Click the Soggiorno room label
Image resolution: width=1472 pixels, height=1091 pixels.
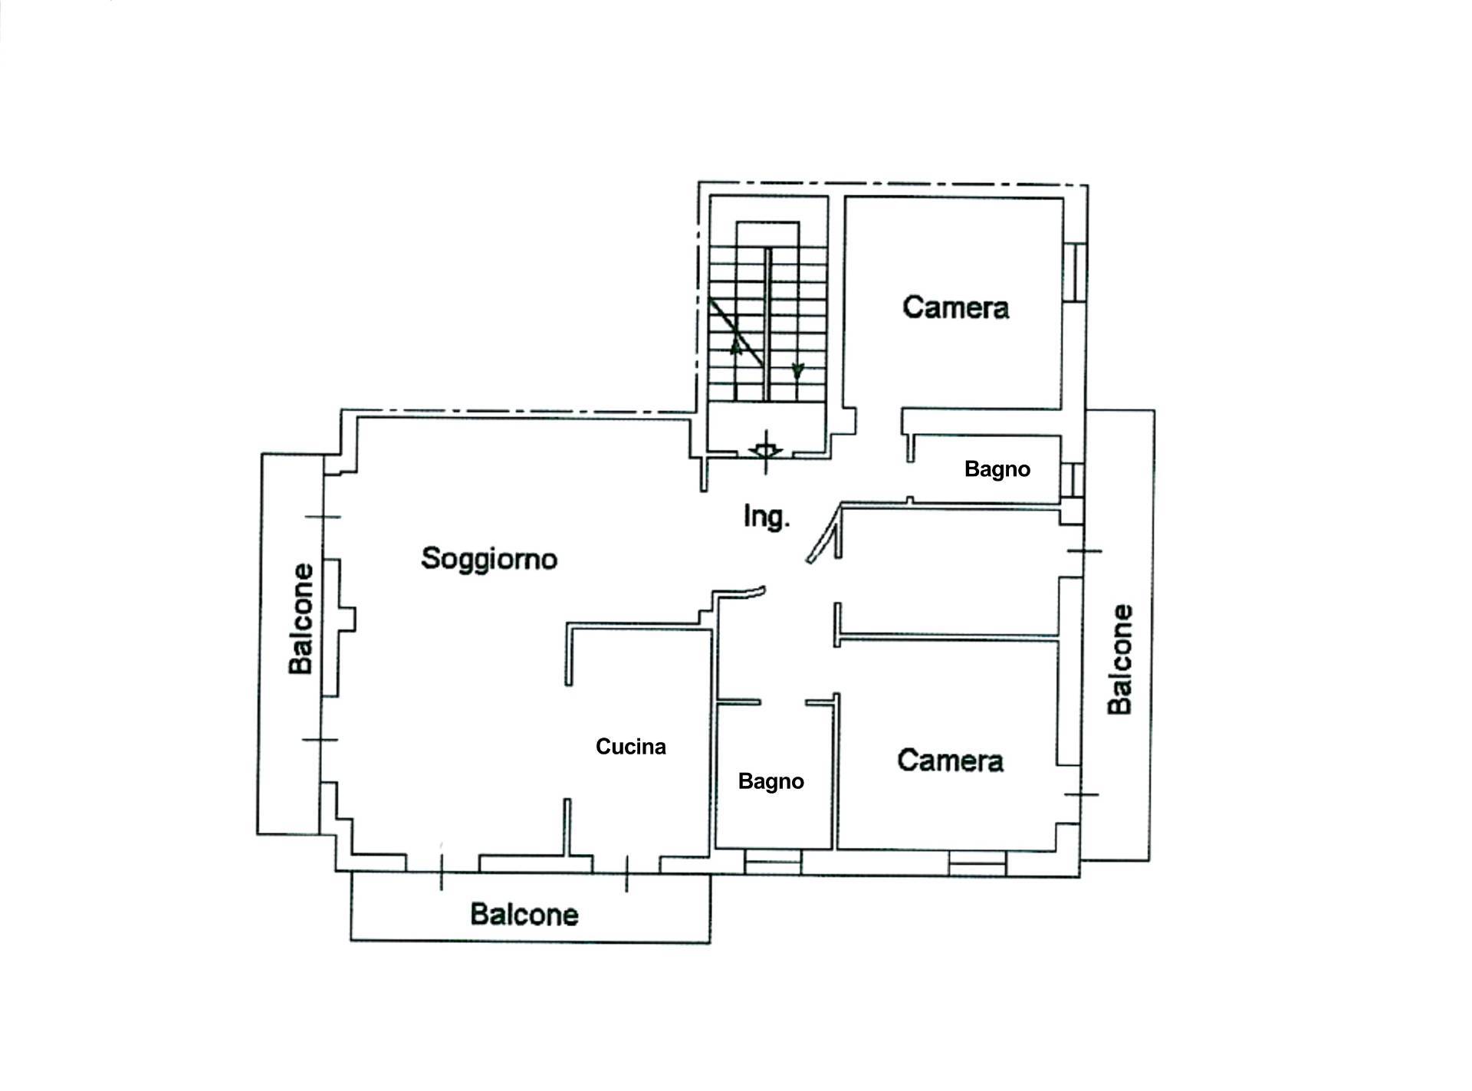489,559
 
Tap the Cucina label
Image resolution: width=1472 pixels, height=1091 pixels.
631,747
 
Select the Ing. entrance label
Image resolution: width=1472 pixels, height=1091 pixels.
767,518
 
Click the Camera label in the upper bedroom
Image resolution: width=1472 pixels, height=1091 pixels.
955,307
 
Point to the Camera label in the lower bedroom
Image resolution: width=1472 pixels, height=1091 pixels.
951,761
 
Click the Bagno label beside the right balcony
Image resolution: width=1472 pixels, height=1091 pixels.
997,469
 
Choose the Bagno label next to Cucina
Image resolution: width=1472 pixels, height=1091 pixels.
771,781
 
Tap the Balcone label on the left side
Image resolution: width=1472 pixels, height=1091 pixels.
302,619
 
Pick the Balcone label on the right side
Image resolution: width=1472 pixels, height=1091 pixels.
1121,659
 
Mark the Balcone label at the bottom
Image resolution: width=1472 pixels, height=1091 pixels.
524,915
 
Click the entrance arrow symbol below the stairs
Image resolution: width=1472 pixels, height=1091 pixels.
765,450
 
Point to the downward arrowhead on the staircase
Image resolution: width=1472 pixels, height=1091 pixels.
797,371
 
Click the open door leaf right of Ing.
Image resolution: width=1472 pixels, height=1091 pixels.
823,534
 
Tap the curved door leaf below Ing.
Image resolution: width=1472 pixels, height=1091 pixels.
739,593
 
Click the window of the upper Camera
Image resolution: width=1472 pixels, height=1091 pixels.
1076,272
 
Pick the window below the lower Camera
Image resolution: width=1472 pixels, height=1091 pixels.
977,863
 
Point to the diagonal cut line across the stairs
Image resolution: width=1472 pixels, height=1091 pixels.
737,332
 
